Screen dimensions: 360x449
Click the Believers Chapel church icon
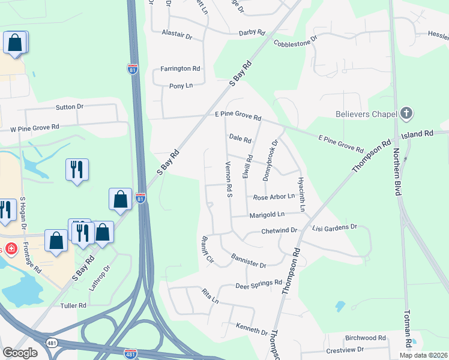point(406,113)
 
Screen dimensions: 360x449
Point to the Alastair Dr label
point(176,37)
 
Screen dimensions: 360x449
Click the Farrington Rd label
point(179,69)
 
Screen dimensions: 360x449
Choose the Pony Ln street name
point(180,86)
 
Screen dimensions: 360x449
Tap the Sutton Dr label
point(69,107)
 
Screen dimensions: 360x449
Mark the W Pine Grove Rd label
point(34,127)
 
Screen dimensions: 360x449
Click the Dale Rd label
point(240,139)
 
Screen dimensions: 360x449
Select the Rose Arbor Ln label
point(274,197)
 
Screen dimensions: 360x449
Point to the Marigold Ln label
point(267,214)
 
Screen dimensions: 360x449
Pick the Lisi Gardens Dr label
point(335,228)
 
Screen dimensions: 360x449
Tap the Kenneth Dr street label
point(252,331)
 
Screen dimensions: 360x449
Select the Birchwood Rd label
point(365,338)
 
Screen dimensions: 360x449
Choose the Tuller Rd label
point(74,305)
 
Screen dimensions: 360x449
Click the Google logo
point(20,353)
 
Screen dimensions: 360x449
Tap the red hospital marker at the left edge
point(2,248)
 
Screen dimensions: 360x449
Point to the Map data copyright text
point(423,355)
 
